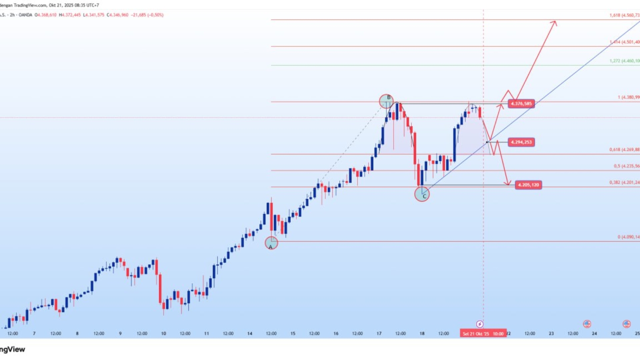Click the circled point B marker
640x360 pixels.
tap(386, 101)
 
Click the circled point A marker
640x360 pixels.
tap(271, 243)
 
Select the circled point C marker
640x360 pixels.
tap(422, 195)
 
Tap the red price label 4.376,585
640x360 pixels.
tap(521, 104)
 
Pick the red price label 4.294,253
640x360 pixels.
tap(521, 142)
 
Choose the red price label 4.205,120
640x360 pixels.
tap(528, 185)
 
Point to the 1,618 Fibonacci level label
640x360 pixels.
tap(624, 15)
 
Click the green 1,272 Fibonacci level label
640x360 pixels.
tap(624, 61)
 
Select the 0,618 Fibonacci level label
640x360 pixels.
tap(624, 150)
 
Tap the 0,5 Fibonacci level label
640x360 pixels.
tap(626, 166)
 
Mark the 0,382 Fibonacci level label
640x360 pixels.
tap(624, 182)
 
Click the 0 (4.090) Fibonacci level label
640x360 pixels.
tap(628, 237)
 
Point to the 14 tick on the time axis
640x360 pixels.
tap(250, 334)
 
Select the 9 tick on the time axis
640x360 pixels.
tap(120, 334)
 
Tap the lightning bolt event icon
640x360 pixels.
tap(480, 324)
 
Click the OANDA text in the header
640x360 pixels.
tap(25, 15)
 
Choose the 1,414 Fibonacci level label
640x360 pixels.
tap(624, 42)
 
